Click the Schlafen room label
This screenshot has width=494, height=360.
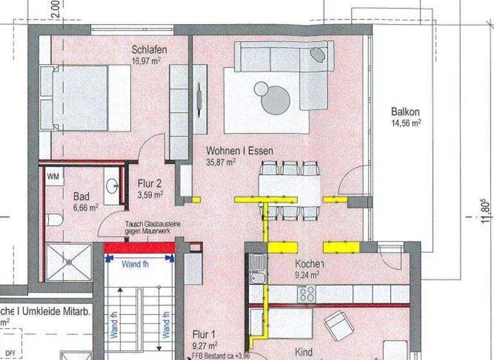[x=150, y=50]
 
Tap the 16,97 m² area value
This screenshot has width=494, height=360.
[x=146, y=60]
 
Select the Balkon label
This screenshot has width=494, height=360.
[x=405, y=111]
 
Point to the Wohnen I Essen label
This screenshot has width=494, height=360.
[x=239, y=151]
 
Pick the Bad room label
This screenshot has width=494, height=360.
[x=80, y=196]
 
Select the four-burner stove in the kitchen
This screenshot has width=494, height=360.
[x=306, y=294]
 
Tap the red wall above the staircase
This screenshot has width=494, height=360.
[x=140, y=248]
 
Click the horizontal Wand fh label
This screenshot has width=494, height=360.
[x=138, y=263]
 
